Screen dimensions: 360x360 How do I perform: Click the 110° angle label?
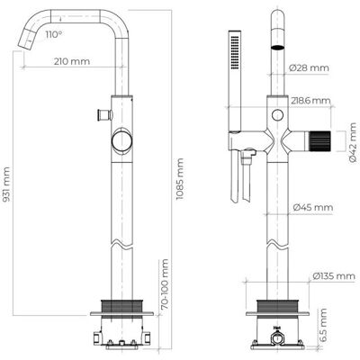pyautogui.click(x=54, y=34)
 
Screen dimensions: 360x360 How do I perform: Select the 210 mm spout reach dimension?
pyautogui.click(x=72, y=61)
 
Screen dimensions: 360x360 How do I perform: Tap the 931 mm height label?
pyautogui.click(x=6, y=184)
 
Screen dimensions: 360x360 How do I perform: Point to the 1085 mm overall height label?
pyautogui.click(x=179, y=179)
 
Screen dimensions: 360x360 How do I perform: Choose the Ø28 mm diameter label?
pyautogui.click(x=309, y=68)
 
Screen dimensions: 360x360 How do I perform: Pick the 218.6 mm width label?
pyautogui.click(x=310, y=101)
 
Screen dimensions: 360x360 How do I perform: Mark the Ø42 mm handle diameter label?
pyautogui.click(x=353, y=142)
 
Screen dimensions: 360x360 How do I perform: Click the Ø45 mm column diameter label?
pyautogui.click(x=313, y=207)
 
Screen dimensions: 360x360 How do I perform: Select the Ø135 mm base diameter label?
pyautogui.click(x=334, y=275)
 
